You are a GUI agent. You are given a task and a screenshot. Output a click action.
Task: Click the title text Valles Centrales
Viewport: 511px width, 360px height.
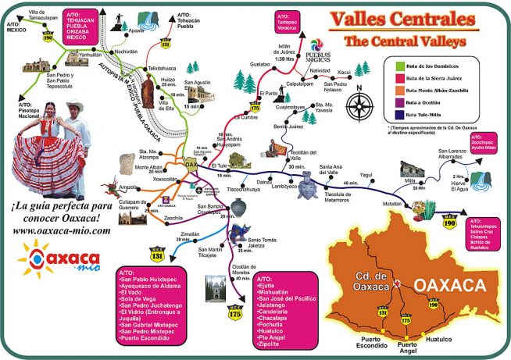click(402, 19)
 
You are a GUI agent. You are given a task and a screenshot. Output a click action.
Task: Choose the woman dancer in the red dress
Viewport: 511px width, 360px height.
click(39, 152)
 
